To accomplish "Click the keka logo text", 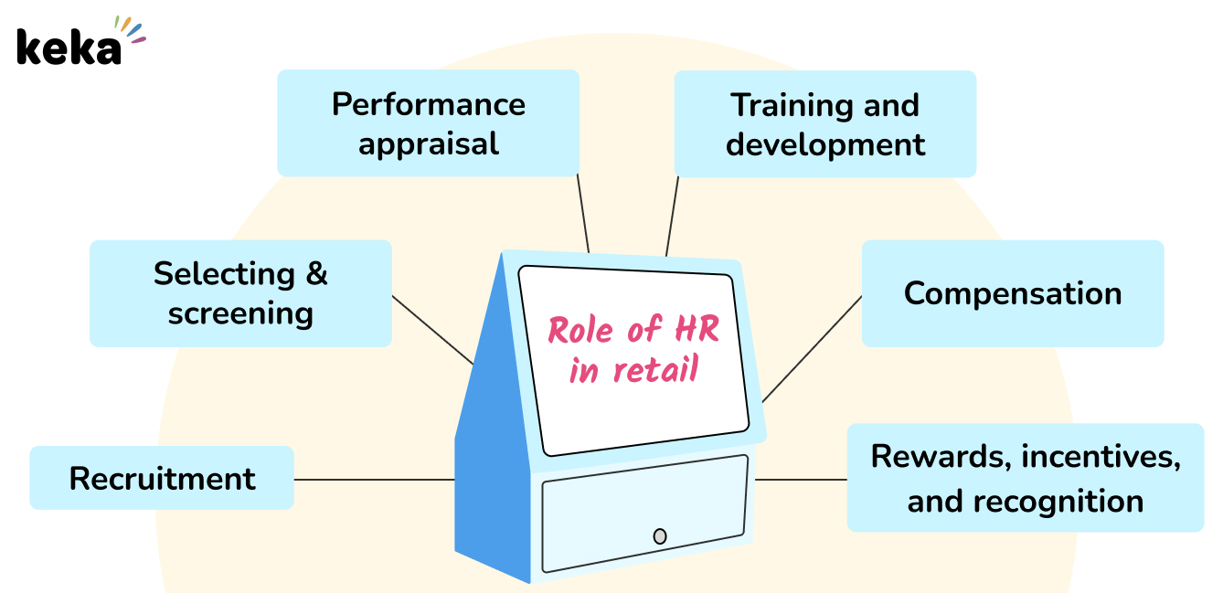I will tap(68, 48).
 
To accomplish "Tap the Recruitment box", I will tap(162, 478).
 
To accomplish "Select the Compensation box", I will tap(1012, 293).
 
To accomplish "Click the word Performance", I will tap(428, 104).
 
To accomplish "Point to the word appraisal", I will tap(428, 143).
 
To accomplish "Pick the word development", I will tap(824, 144).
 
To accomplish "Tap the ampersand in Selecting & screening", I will tap(316, 273).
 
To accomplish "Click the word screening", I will tap(240, 312).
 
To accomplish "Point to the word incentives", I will tap(1100, 456).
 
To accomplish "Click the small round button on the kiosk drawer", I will tap(660, 536).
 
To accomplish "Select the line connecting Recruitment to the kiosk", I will tap(374, 479).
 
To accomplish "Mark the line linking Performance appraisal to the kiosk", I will tap(583, 214).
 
